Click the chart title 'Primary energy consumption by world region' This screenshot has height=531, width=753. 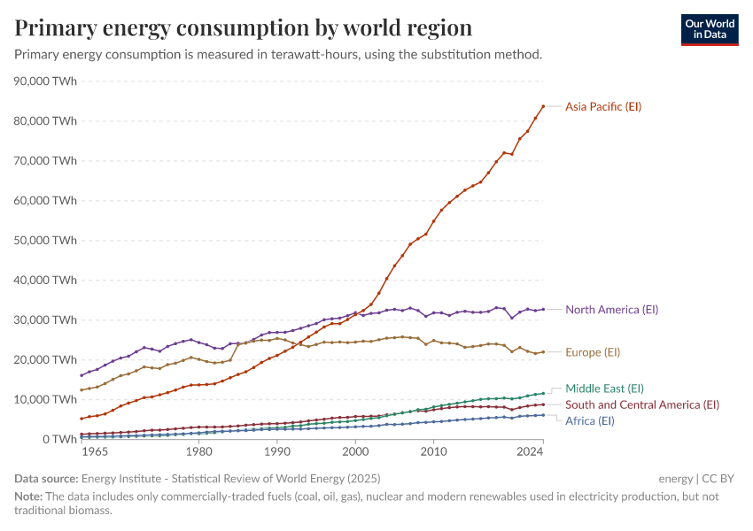pyautogui.click(x=243, y=27)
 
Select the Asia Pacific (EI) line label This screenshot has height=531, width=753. pyautogui.click(x=603, y=106)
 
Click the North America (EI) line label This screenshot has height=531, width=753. pyautogui.click(x=612, y=310)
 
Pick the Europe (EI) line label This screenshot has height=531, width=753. pyautogui.click(x=593, y=352)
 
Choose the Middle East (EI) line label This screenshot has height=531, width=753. pyautogui.click(x=604, y=388)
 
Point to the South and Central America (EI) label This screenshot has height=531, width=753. pyautogui.click(x=642, y=404)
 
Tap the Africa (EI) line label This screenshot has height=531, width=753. pyautogui.click(x=590, y=420)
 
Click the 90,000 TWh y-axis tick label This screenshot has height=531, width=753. pyautogui.click(x=46, y=81)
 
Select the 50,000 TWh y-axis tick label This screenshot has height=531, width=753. pyautogui.click(x=46, y=240)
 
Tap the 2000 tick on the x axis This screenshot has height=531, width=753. pyautogui.click(x=355, y=452)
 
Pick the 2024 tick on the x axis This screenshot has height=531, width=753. pyautogui.click(x=530, y=452)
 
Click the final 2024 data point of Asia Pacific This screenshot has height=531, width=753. pyautogui.click(x=543, y=106)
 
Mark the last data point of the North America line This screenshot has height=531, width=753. pyautogui.click(x=543, y=310)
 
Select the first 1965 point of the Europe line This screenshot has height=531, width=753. pyautogui.click(x=82, y=390)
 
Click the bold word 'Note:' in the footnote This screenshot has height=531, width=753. pyautogui.click(x=29, y=496)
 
